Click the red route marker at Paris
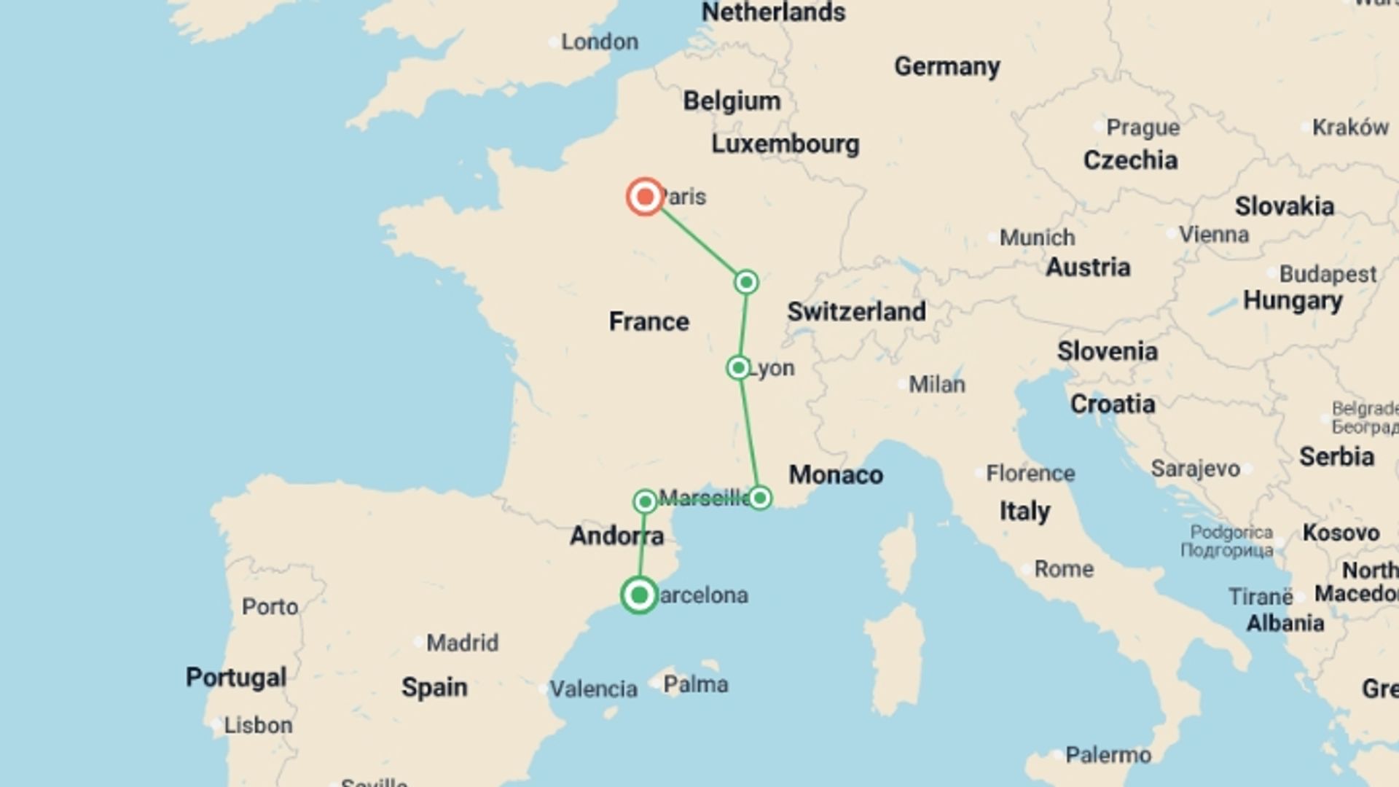(x=645, y=197)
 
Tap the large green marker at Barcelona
(x=639, y=595)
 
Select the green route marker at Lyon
(x=738, y=368)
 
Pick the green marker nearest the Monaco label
(x=760, y=498)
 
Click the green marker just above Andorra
(x=645, y=501)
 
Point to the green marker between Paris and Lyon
(x=746, y=282)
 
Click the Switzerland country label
(x=856, y=312)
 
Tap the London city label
(x=599, y=42)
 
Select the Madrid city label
(x=462, y=643)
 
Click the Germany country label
(x=947, y=66)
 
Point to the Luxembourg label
(x=785, y=144)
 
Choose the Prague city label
(x=1143, y=128)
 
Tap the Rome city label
(x=1064, y=569)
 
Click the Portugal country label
(x=235, y=677)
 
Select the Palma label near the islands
(x=695, y=684)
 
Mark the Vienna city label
(x=1213, y=235)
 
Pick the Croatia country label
(x=1113, y=404)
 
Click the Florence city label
(x=1030, y=474)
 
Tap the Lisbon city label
(x=258, y=726)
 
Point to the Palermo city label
(x=1108, y=755)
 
